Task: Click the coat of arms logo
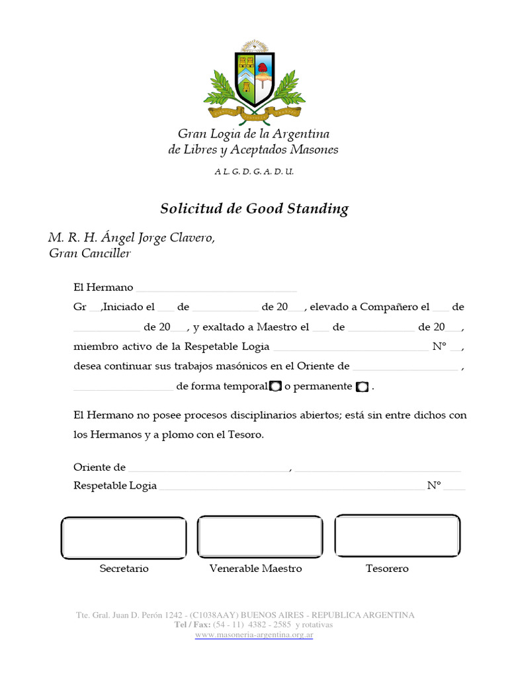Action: [255, 83]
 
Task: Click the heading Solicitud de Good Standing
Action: [254, 209]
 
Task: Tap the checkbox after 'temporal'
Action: [276, 387]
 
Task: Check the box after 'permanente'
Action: [361, 387]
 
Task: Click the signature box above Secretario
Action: [124, 538]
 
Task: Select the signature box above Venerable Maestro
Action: [260, 538]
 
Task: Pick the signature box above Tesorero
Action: [397, 536]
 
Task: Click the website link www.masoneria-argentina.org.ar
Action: [254, 635]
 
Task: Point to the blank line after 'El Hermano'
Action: [216, 289]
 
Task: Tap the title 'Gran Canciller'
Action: [90, 253]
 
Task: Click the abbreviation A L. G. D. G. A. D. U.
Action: [254, 171]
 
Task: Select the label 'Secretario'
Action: [124, 569]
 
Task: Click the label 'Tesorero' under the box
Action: [387, 569]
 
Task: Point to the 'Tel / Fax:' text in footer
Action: [192, 625]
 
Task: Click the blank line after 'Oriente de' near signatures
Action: [208, 468]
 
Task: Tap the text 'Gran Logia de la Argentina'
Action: [254, 134]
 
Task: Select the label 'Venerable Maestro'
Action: [255, 569]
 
